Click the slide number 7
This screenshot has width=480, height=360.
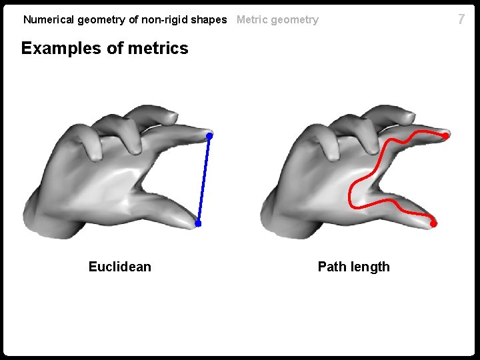[x=461, y=19]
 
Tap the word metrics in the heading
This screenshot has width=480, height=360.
[x=159, y=49]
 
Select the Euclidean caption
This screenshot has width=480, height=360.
[x=120, y=267]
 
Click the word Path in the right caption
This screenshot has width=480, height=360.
[x=331, y=267]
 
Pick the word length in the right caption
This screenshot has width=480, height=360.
[x=372, y=267]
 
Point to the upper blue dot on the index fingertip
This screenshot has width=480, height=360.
[x=209, y=136]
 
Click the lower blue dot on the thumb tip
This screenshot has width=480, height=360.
[x=198, y=224]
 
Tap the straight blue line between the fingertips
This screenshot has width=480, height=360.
[x=203, y=180]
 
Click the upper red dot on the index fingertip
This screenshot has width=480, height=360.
[x=445, y=135]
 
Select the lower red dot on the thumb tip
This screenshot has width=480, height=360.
[x=433, y=224]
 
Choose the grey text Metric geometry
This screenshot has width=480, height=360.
[x=277, y=20]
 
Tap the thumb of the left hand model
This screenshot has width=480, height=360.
[x=167, y=207]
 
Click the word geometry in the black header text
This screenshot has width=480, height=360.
[x=101, y=20]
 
